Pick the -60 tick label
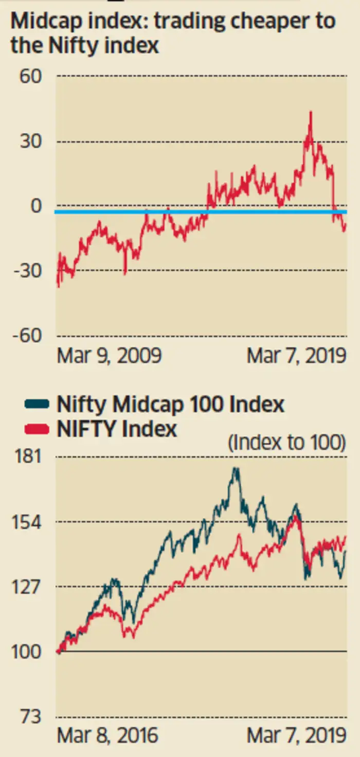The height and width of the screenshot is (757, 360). [28, 336]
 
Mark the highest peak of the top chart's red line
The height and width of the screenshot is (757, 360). [310, 112]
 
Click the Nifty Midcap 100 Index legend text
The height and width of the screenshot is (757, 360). [170, 404]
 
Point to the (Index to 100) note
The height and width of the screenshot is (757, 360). [286, 443]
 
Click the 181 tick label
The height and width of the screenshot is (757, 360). [24, 457]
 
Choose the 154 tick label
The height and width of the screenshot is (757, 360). [24, 522]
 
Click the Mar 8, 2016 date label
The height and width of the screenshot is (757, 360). [107, 735]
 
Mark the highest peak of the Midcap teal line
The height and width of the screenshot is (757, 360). [236, 469]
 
